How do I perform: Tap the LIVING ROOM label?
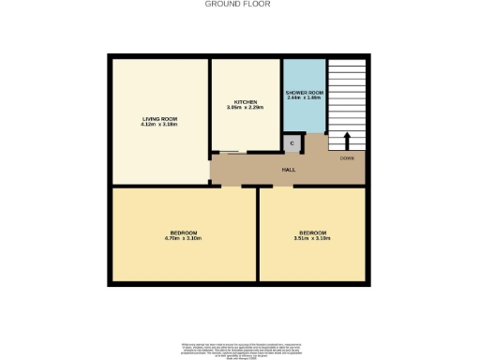pos(159,119)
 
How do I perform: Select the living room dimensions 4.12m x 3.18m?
pos(159,125)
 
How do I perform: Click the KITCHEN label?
pos(246,101)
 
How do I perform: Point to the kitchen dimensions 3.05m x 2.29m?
pos(246,108)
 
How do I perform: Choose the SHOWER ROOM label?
pos(305,92)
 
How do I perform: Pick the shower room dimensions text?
pos(305,97)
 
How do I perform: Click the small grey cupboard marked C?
pos(292,143)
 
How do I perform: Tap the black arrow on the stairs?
pos(347,141)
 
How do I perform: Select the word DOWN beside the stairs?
pos(347,158)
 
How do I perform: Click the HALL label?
pos(290,170)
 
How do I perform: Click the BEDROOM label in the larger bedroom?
pos(184,232)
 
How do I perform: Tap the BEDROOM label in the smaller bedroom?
pos(313,232)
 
